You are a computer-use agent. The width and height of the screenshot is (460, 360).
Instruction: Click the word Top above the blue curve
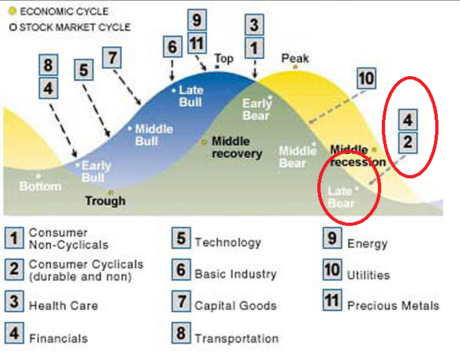[223, 59]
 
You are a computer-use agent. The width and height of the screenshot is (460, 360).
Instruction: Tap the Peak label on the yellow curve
[295, 59]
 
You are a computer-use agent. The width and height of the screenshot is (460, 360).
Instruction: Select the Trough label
[105, 201]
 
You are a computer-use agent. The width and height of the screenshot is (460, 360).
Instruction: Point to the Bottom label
[40, 186]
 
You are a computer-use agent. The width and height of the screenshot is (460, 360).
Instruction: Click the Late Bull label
[191, 96]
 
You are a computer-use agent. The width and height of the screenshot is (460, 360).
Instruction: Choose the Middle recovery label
[237, 148]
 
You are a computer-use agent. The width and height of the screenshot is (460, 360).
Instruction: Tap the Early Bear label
[256, 109]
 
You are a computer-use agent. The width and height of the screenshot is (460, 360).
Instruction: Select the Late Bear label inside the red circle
[341, 197]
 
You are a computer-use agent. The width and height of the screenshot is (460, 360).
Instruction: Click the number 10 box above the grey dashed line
[366, 79]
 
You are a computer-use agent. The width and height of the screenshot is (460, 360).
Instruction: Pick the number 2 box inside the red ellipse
[407, 142]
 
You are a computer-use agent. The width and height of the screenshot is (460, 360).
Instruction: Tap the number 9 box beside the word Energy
[332, 239]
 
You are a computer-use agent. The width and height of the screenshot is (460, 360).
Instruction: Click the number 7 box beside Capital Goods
[180, 303]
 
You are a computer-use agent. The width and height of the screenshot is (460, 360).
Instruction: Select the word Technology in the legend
[227, 242]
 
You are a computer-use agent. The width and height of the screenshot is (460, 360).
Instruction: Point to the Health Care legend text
[63, 305]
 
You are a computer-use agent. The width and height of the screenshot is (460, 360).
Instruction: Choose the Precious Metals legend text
[393, 305]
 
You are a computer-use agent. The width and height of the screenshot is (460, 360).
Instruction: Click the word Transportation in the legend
[237, 339]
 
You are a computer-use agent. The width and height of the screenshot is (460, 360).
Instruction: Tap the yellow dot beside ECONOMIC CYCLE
[11, 11]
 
